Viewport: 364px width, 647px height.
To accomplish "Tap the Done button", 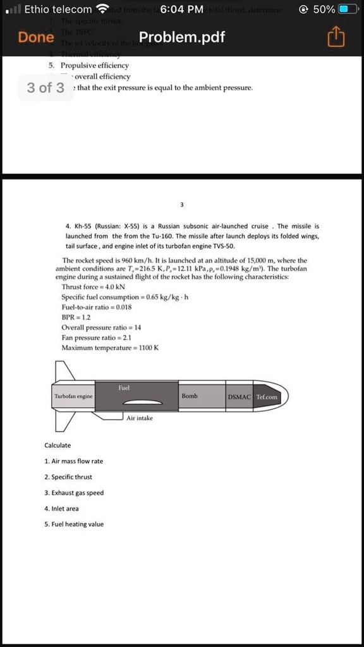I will coord(36,37).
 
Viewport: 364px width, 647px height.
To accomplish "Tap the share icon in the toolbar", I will coord(336,37).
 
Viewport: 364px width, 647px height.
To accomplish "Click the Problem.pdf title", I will coord(182,37).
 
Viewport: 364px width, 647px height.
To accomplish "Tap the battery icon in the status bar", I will coord(348,9).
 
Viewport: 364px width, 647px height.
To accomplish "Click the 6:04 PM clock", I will coord(182,9).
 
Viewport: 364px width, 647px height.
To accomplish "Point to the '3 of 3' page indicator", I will coord(45,87).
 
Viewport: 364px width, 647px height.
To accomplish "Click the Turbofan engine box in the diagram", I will coord(74,396).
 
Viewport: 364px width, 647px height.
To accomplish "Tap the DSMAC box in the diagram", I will coord(240,396).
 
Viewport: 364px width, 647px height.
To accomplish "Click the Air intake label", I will coord(139,418).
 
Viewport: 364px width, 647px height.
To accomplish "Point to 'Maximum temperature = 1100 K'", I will coord(109,348).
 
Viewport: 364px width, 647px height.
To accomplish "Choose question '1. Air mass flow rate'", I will coord(73,461).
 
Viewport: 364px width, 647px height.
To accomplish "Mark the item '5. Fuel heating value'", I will coord(74,524).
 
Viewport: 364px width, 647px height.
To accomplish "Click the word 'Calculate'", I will coord(58,445).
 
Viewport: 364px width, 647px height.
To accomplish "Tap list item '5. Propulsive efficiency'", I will coord(89,66).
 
